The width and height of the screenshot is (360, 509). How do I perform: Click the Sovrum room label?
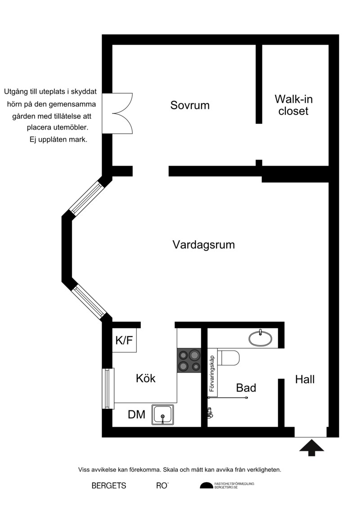click(190, 106)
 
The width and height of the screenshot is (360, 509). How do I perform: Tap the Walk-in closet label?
click(293, 105)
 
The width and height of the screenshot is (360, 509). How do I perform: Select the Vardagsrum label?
click(203, 245)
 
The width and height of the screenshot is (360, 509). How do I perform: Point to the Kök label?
click(146, 378)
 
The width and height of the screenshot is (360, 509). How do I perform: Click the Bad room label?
click(246, 388)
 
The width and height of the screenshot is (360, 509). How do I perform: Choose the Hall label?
click(305, 379)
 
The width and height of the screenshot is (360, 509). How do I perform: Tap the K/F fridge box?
click(124, 341)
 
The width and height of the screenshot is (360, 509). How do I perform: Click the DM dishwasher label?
click(136, 414)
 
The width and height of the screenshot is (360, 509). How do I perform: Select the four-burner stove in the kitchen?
click(189, 360)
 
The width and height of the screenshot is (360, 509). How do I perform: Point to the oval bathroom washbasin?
click(261, 338)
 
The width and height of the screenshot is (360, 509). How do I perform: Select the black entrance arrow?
click(311, 447)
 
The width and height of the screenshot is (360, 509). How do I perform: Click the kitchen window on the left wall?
click(107, 388)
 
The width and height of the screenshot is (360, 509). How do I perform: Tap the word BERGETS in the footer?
click(109, 486)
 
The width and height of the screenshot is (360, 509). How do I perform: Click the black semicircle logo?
click(207, 485)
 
